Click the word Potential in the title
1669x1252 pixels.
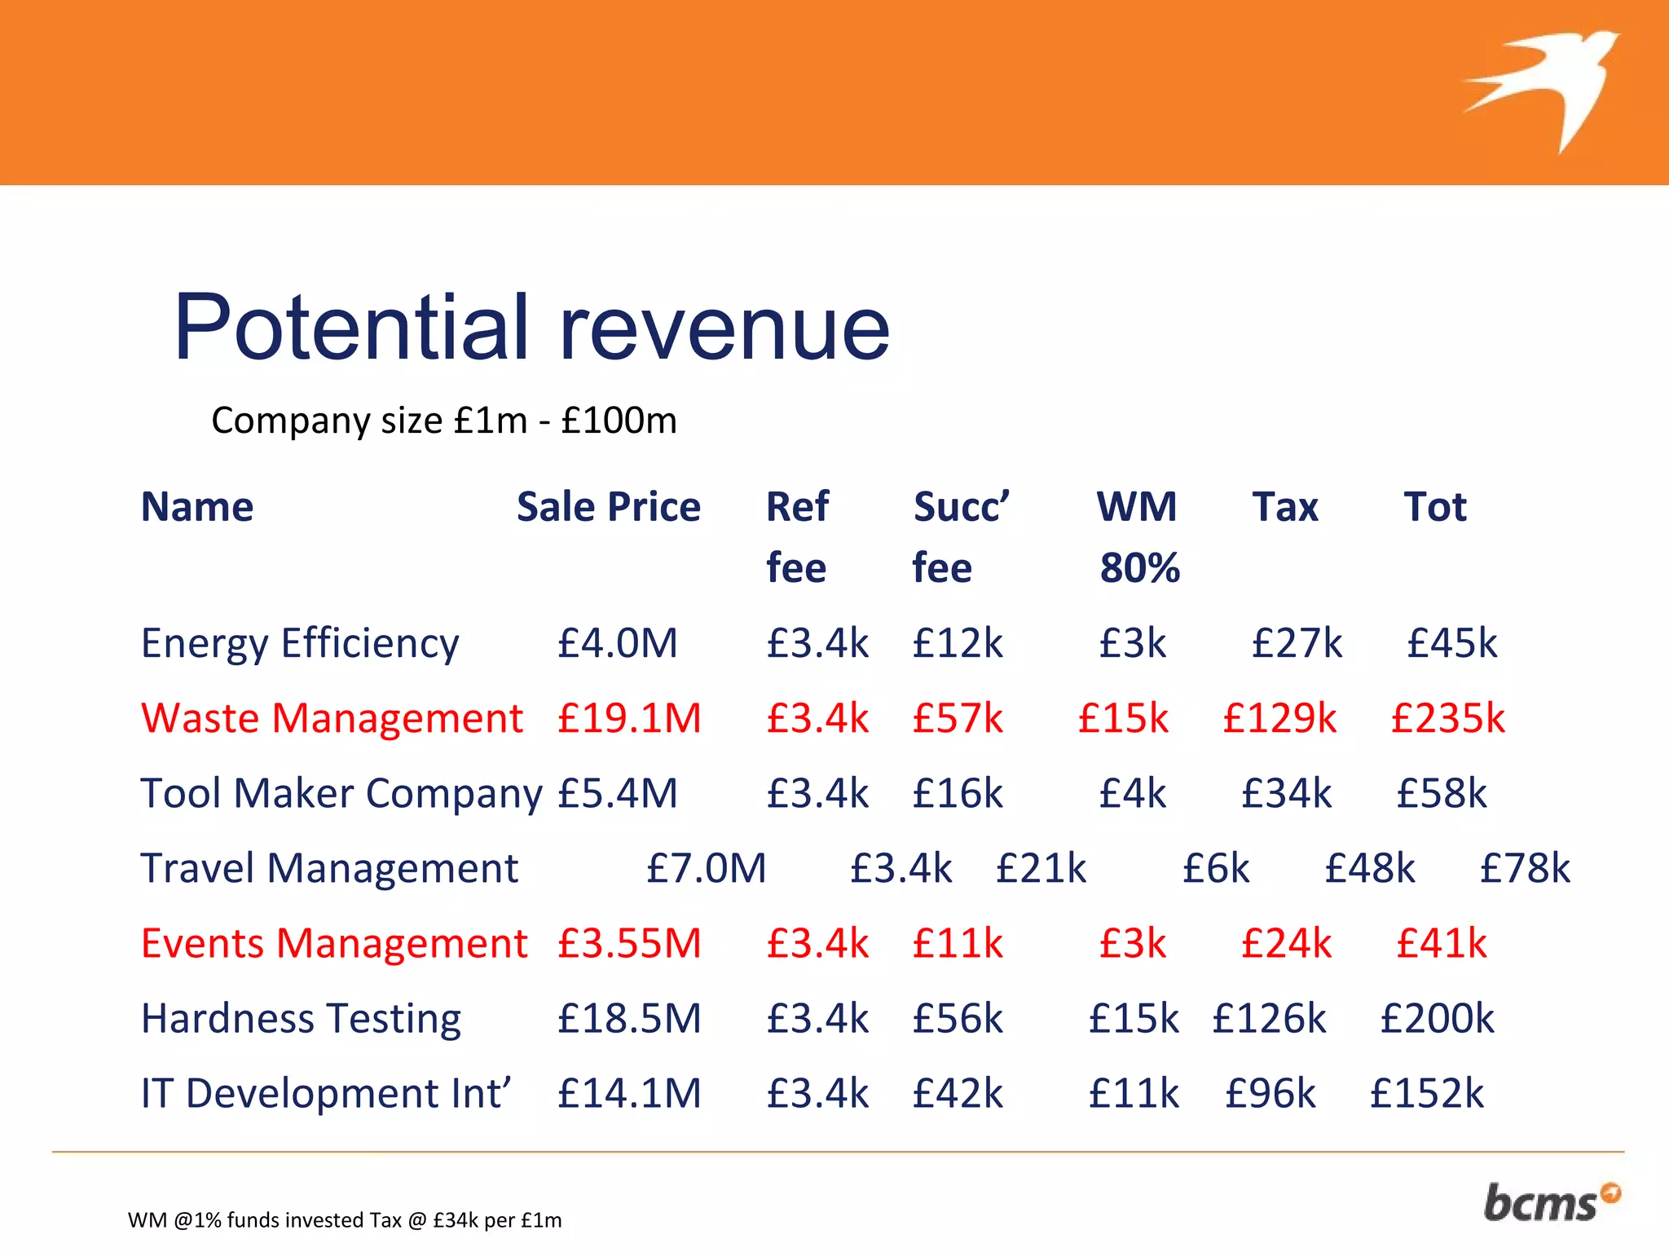coord(351,328)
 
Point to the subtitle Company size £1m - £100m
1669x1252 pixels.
coord(444,421)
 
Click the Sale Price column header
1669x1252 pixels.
coord(608,507)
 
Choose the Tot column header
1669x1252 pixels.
coord(1434,507)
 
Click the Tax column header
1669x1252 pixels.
coord(1284,507)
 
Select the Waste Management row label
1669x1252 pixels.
coord(332,719)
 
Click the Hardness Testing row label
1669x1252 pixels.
coord(301,1019)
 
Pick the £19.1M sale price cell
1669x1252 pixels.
coord(628,719)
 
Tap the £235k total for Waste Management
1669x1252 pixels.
coord(1447,719)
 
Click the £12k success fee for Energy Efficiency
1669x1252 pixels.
coord(958,644)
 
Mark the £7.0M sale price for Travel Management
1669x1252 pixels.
coord(706,869)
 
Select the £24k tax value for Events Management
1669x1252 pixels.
coord(1286,944)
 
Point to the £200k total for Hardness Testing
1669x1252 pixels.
coord(1437,1019)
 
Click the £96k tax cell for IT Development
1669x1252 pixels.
coord(1270,1094)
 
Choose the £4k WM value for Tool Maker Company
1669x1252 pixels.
coord(1132,794)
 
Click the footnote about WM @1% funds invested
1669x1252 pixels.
coord(345,1220)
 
